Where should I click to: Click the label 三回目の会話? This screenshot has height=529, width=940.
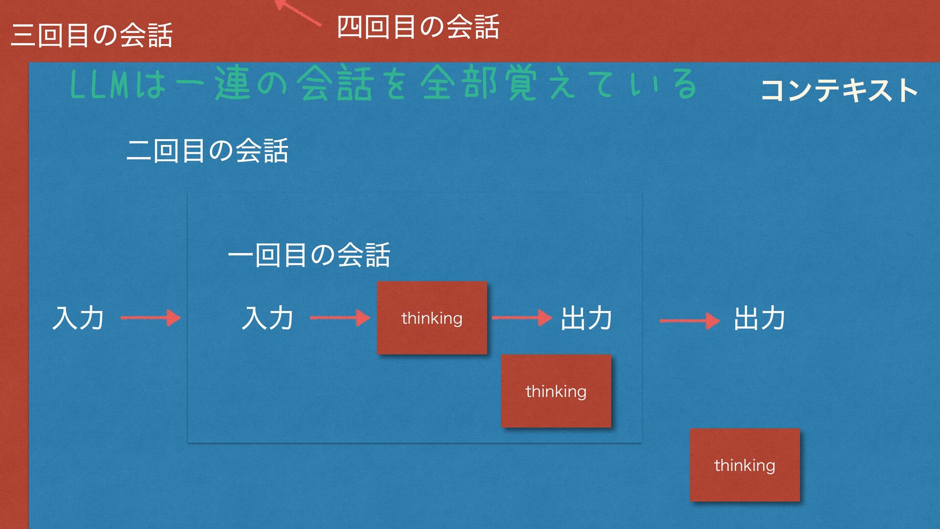tap(92, 35)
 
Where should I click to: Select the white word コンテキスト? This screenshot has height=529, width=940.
tap(839, 91)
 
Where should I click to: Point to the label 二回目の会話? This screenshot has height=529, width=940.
tap(207, 150)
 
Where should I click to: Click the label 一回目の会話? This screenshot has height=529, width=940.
tap(309, 255)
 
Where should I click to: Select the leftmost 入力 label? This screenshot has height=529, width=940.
tap(78, 318)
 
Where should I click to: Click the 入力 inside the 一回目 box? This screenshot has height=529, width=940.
tap(267, 318)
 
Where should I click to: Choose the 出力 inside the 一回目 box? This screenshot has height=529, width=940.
tap(587, 318)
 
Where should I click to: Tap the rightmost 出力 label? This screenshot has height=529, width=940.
tap(759, 318)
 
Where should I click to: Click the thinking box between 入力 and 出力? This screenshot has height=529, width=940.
tap(432, 318)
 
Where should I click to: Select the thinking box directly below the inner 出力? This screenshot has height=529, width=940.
tap(556, 391)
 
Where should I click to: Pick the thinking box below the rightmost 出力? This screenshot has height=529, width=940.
tap(745, 465)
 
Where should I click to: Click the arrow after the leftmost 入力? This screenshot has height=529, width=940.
tap(150, 318)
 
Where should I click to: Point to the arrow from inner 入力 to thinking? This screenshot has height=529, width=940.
tap(340, 318)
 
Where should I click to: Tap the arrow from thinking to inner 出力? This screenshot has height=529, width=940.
tap(521, 318)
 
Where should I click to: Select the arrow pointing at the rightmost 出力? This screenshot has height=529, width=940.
tap(689, 321)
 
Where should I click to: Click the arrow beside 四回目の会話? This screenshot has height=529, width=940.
tap(297, 12)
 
